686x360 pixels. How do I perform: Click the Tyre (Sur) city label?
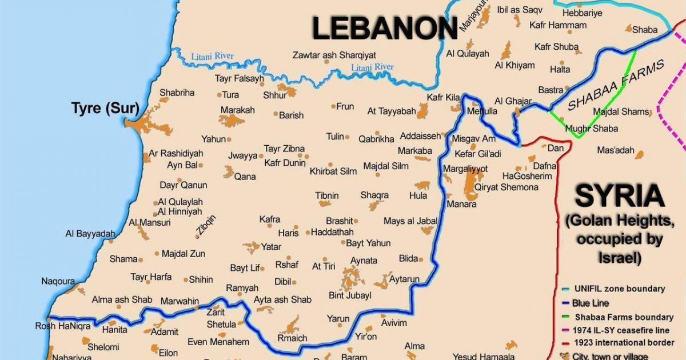pos(104,108)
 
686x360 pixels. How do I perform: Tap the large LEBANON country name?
pos(385,29)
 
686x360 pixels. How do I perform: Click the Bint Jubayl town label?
pos(350,295)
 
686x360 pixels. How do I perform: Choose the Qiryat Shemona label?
pos(506,187)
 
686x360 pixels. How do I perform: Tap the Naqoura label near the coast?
pos(58,281)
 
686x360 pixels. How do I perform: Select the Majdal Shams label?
pos(621,111)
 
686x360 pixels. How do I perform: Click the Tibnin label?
pos(327,195)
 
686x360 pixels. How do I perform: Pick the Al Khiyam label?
pos(515,65)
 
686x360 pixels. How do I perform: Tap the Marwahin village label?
pos(180,301)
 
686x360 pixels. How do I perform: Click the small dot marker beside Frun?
pos(333,106)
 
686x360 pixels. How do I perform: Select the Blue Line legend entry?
pos(590,303)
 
